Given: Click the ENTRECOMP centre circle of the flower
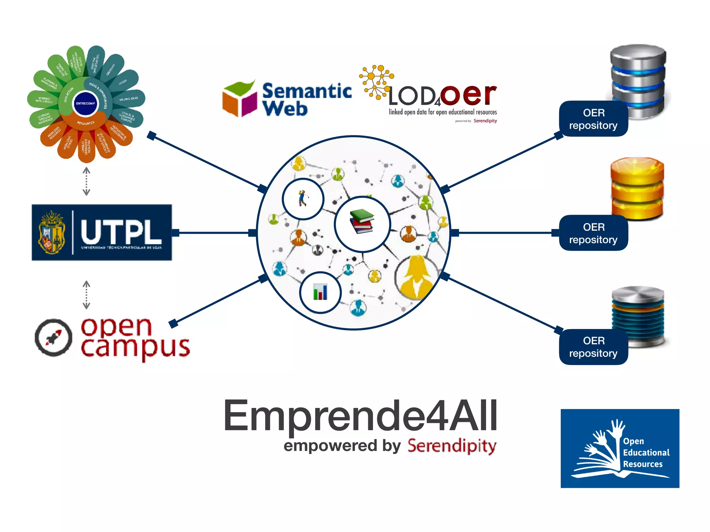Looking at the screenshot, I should (85, 103).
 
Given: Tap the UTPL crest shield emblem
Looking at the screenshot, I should (52, 232).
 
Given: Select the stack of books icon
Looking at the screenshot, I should (362, 222).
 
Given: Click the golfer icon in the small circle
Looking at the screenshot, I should (303, 198).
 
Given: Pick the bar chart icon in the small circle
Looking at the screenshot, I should (320, 292).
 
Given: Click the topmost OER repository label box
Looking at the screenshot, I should (593, 119).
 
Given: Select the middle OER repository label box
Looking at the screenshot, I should (593, 233).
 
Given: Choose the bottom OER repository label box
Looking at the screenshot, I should (593, 347).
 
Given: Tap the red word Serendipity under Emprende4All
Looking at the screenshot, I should (452, 446).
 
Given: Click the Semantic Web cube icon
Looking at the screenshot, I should (239, 99).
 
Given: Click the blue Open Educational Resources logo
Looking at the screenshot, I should (620, 448).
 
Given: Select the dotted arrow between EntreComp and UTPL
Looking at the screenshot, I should (86, 181).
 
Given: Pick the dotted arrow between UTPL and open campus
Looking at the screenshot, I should (86, 294).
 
